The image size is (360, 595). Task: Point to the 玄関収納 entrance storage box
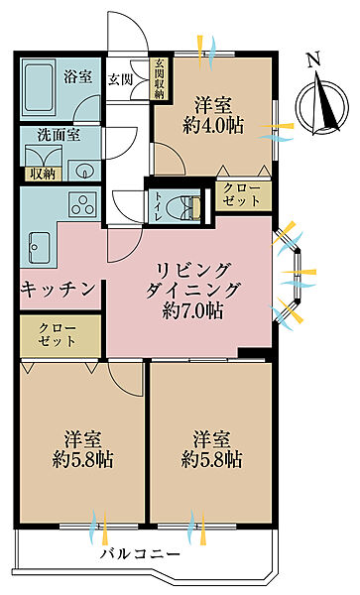coord(159,80)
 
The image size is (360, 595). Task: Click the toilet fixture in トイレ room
coord(183,205)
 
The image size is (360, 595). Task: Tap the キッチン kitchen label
coord(59,289)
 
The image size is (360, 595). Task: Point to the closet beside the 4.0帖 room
coord(243,194)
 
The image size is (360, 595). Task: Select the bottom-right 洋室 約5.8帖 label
coord(211,448)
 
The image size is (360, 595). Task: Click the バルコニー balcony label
coord(139,556)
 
